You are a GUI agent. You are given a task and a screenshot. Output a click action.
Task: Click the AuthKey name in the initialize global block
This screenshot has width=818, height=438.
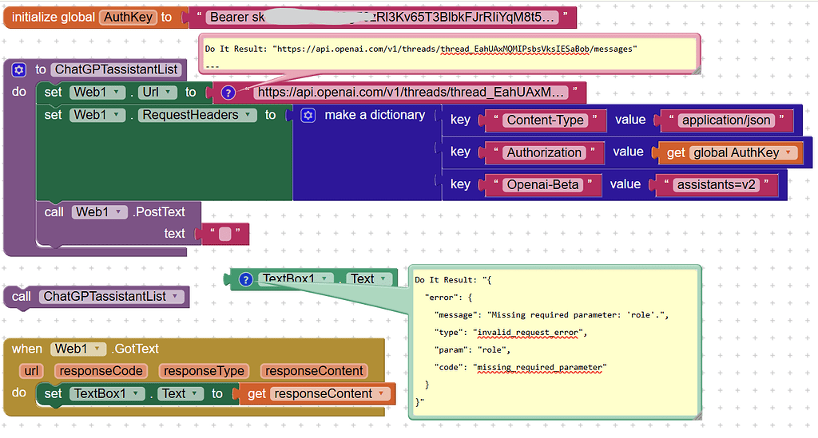coord(127,17)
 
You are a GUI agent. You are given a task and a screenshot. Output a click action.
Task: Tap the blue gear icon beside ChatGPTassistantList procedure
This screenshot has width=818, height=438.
coord(18,69)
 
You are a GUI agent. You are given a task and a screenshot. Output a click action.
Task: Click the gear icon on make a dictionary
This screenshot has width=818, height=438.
coord(308,116)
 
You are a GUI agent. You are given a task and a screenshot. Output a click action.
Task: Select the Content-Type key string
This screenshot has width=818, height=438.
coord(546,120)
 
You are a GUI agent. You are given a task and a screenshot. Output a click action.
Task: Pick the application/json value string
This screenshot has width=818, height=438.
coord(725,120)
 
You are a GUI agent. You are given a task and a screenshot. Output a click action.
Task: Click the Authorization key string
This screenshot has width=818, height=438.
coord(544,152)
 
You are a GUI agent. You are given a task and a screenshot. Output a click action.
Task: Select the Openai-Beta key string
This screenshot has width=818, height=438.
coord(542,184)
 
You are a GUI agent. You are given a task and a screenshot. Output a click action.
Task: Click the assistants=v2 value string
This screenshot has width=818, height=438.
coord(715,184)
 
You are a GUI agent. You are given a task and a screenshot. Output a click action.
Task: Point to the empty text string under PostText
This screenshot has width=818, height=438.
coord(225,234)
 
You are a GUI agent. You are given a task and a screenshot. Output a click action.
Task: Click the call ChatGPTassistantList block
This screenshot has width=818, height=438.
coord(97,297)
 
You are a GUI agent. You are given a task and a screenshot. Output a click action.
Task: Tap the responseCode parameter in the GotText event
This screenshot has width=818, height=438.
coord(101,371)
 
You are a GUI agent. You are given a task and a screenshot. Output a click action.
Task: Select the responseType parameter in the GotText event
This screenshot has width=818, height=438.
coord(203,371)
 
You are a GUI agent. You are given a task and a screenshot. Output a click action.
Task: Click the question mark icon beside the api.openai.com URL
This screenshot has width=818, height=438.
coord(228,93)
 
